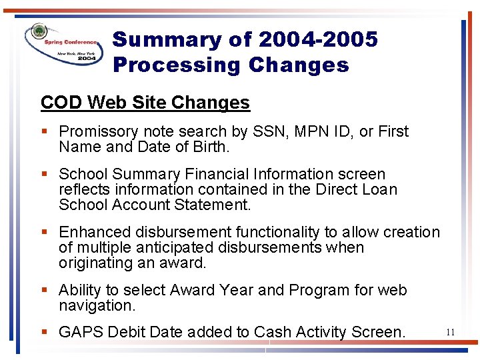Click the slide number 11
point(451,332)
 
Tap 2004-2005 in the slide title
point(318,40)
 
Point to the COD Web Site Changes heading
point(145,103)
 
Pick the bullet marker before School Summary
point(44,175)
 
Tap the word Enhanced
point(95,233)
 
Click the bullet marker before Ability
point(44,291)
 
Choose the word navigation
point(96,306)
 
